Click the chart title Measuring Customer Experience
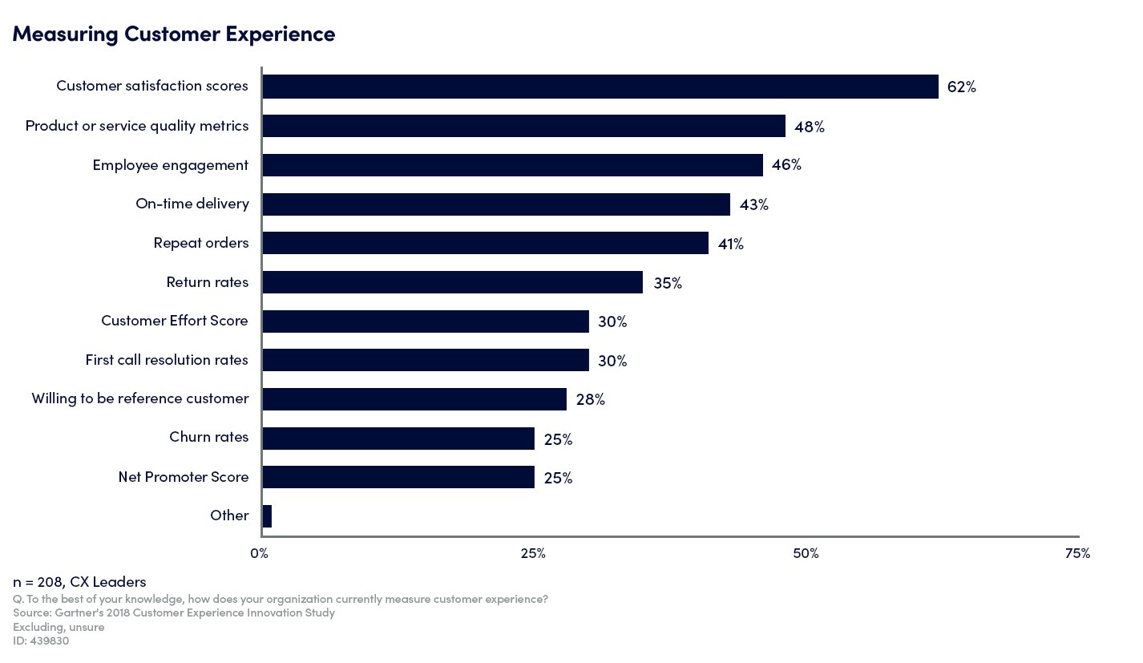click(173, 34)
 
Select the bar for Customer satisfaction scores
click(600, 87)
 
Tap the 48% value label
click(809, 127)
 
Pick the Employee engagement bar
click(512, 165)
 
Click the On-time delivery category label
click(192, 204)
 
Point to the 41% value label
click(730, 244)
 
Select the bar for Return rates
click(452, 282)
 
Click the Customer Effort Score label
click(175, 321)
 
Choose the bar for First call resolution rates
click(425, 360)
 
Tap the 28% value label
click(590, 399)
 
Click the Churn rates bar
click(398, 439)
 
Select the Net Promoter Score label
click(184, 477)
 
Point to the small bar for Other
click(267, 516)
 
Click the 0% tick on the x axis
click(260, 553)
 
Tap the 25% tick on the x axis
click(533, 553)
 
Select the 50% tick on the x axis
click(806, 553)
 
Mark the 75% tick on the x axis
click(1077, 553)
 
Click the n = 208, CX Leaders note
click(79, 582)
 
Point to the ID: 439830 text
click(41, 641)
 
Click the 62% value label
click(961, 87)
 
